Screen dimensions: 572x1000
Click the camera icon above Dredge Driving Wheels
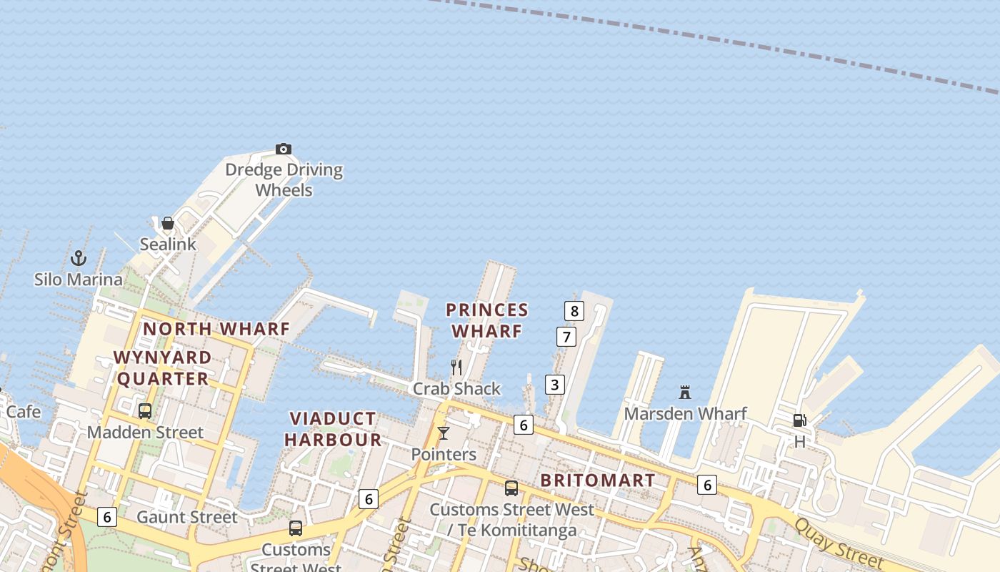284,149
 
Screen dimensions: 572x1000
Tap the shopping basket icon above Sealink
168,223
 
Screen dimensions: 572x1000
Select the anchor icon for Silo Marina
79,257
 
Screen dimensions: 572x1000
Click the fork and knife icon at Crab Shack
456,368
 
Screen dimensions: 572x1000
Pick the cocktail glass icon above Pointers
444,433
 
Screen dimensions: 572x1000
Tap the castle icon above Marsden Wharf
685,392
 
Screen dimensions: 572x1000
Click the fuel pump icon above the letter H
799,420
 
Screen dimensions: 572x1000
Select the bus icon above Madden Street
145,411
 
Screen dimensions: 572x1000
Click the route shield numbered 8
574,311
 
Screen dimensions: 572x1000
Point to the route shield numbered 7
566,337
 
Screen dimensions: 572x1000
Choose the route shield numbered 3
554,385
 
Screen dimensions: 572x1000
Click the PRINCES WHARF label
487,320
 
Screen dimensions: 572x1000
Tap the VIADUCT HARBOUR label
333,429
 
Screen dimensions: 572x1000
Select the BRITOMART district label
598,480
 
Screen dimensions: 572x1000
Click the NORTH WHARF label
216,329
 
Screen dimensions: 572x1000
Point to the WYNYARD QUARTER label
163,368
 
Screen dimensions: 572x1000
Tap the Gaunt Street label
186,517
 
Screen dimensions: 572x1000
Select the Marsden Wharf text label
685,413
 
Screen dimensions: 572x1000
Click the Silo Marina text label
79,279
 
